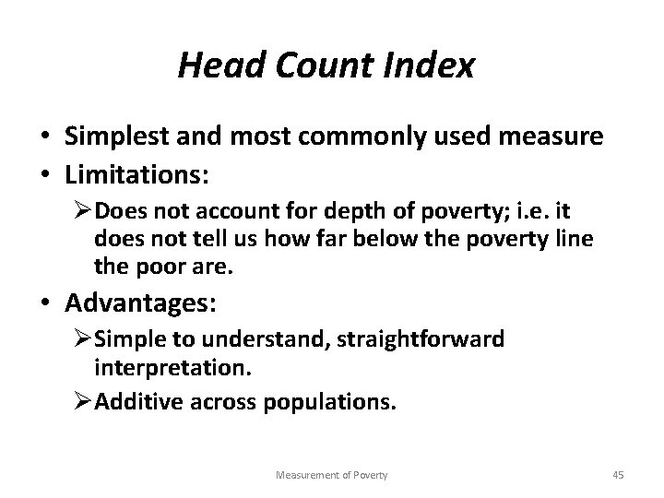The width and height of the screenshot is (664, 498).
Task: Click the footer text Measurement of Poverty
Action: tap(331, 475)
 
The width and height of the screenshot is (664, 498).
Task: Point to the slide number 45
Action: tap(619, 475)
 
